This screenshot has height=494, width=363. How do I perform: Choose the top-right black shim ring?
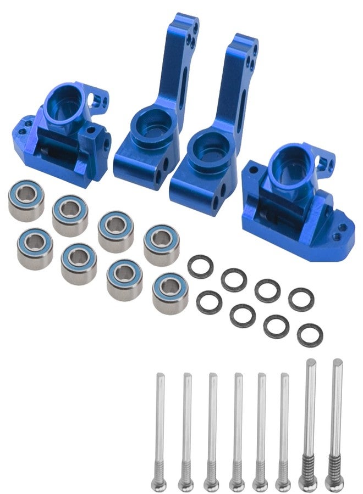pyautogui.click(x=301, y=299)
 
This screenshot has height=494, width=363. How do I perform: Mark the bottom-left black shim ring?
pyautogui.click(x=209, y=302)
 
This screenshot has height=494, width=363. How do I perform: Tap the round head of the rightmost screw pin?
pyautogui.click(x=334, y=484)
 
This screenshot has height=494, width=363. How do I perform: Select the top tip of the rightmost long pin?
pyautogui.click(x=337, y=363)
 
